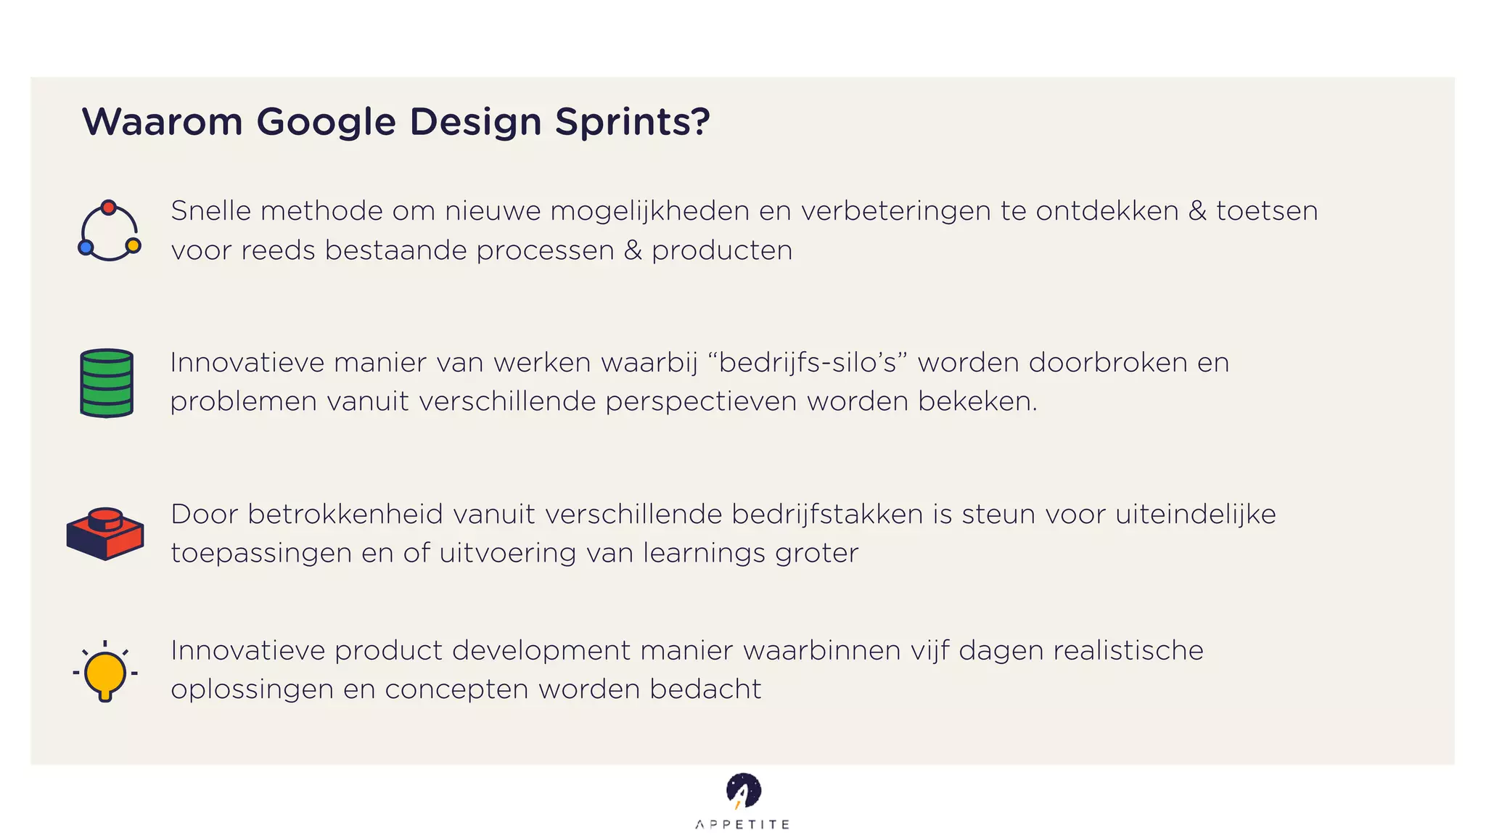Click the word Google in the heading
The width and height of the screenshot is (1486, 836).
coord(326,122)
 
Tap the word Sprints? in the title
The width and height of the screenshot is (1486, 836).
coord(632,122)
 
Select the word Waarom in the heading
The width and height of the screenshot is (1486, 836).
coord(162,121)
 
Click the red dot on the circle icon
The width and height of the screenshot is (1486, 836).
coord(109,208)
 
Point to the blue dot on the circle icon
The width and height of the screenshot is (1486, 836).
coord(86,247)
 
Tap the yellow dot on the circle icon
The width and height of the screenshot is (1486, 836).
coord(134,245)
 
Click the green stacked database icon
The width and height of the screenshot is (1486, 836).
coord(107,383)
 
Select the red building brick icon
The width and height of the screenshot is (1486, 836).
coord(105,533)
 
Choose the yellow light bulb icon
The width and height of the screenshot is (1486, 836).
coord(105,673)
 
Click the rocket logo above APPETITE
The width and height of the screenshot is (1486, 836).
coord(743,791)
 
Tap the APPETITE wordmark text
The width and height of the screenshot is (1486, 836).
coord(742,824)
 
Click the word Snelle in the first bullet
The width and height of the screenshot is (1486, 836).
coord(210,211)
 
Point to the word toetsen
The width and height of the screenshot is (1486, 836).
coord(1267,211)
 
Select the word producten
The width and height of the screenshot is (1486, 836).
coord(722,250)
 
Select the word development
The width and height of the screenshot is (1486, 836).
coord(541,650)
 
